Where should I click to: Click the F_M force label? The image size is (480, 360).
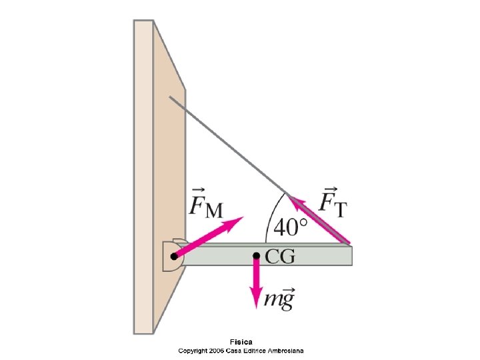(x=205, y=202)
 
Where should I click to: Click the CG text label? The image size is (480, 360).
(x=279, y=257)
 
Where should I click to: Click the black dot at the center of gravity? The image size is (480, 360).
(x=256, y=255)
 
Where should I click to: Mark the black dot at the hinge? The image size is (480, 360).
(x=173, y=256)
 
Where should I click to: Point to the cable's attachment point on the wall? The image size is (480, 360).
(x=170, y=97)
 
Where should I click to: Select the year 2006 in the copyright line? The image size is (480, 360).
(x=215, y=351)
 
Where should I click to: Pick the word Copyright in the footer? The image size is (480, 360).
(x=191, y=351)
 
